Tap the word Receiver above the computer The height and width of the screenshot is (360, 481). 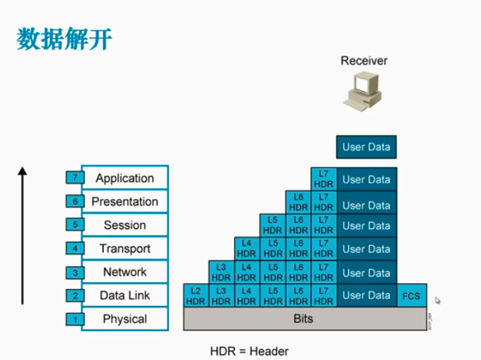click(364, 61)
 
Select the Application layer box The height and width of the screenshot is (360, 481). click(125, 178)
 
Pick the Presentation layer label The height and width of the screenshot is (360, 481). click(125, 201)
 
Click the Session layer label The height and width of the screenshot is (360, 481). click(125, 225)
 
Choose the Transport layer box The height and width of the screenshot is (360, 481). click(125, 249)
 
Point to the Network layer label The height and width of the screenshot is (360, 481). click(125, 272)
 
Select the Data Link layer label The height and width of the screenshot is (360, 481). click(125, 296)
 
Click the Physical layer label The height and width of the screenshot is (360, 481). click(125, 319)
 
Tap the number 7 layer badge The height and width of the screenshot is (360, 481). click(74, 179)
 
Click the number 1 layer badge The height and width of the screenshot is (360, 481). click(74, 320)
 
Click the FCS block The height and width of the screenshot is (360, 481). click(411, 296)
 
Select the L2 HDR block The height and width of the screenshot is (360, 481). click(196, 296)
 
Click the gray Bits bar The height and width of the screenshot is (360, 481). click(304, 319)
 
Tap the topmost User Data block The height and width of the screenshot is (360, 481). click(366, 147)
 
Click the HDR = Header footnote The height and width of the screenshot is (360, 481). click(249, 351)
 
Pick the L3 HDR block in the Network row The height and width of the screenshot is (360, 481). click(222, 273)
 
